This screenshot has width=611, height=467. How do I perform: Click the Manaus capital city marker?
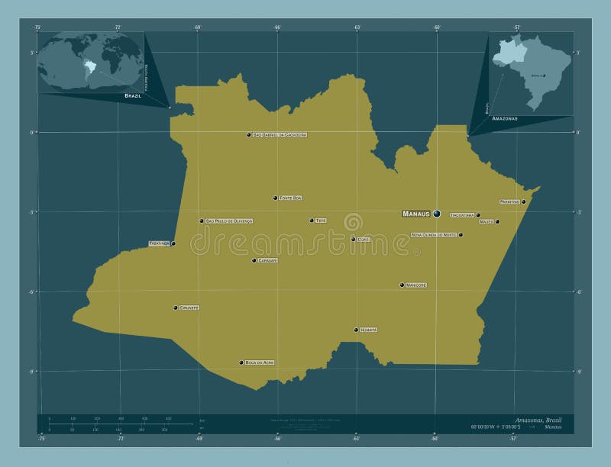pos(436,214)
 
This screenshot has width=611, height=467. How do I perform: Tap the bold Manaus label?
pos(416,214)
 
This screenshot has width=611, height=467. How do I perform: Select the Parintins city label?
pos(509,201)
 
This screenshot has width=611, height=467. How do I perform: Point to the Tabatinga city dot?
pos(173,243)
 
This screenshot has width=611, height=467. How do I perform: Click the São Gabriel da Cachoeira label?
pos(280,134)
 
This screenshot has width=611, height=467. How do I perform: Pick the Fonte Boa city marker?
pos(275,198)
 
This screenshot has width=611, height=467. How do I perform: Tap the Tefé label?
pos(321,221)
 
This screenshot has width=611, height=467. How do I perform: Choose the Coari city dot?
pos(353,239)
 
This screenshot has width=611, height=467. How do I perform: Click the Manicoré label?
pos(416,285)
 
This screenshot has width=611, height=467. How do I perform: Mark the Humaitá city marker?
pos(356,330)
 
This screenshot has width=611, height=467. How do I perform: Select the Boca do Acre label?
pos(259,362)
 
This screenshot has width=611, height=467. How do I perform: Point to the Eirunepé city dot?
pos(175,308)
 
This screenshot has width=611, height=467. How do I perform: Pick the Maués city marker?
pos(497,221)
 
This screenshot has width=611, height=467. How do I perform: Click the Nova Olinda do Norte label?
pos(434,235)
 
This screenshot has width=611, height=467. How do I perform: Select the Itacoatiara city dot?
pos(478,214)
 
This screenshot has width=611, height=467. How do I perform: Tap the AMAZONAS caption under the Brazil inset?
pos(505,119)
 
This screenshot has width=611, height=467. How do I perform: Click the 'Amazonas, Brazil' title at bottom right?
pos(539,421)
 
